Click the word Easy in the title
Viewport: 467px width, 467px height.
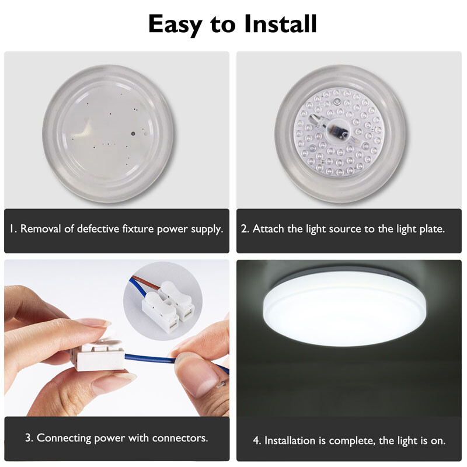point(175,25)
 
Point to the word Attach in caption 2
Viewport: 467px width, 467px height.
point(268,229)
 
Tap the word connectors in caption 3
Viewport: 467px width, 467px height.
point(180,437)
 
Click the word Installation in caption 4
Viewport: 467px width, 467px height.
point(291,441)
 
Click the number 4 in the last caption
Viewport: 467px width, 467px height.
point(256,441)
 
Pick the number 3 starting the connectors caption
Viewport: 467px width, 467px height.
point(29,437)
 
